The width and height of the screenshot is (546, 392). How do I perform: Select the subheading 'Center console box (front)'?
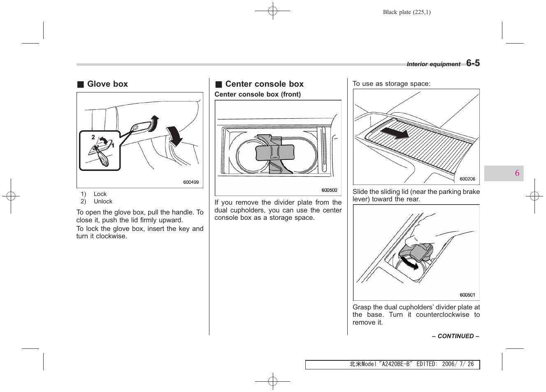[x=258, y=95]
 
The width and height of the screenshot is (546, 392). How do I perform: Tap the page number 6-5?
[x=473, y=63]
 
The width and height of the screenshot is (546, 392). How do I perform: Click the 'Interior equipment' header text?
[x=433, y=64]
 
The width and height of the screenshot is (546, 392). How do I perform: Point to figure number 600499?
[x=191, y=182]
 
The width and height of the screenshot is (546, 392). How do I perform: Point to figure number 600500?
[x=329, y=190]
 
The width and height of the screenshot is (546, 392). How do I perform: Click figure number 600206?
[x=467, y=179]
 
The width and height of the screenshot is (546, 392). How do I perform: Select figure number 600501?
[x=467, y=295]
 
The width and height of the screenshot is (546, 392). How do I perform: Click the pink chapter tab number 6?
[x=517, y=173]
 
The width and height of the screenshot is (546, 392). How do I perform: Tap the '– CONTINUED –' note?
[x=455, y=336]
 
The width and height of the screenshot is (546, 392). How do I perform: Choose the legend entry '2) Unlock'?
[x=97, y=202]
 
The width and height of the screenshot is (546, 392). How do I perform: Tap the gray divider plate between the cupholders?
[x=275, y=152]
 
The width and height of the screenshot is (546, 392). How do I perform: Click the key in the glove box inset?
[x=102, y=158]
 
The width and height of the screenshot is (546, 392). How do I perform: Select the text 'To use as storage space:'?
[x=391, y=84]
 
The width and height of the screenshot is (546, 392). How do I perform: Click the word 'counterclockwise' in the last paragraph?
[x=442, y=315]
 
